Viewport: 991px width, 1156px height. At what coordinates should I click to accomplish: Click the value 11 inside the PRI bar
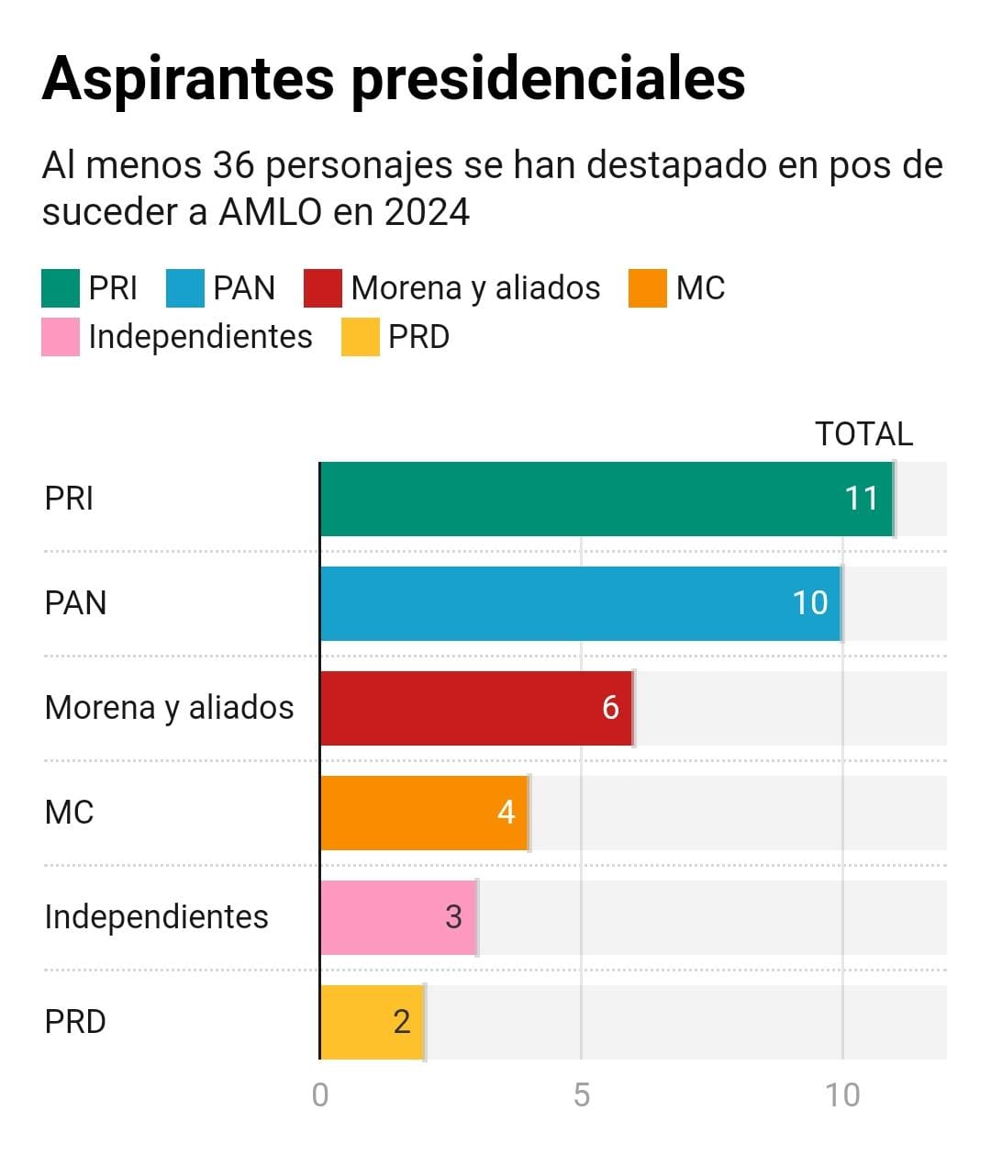point(862,499)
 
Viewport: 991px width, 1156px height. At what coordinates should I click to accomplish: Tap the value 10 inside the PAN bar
point(810,603)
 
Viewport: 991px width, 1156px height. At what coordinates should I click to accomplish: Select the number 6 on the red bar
point(610,708)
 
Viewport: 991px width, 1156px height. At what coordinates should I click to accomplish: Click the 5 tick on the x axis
point(582,1094)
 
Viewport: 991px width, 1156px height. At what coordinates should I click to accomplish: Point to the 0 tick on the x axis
point(320,1094)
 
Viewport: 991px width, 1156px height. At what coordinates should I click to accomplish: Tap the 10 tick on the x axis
point(841,1094)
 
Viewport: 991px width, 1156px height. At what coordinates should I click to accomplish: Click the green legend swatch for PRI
point(61,288)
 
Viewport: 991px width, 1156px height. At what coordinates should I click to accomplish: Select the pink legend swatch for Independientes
point(61,337)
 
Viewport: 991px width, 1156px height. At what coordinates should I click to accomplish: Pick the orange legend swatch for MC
point(648,288)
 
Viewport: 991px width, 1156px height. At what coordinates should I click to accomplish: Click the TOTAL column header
point(863,434)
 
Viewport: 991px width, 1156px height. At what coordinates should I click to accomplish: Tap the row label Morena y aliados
point(170,708)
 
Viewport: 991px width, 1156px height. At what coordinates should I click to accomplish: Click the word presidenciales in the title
point(548,79)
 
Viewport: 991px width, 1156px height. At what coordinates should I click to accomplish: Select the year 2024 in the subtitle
point(427,212)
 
